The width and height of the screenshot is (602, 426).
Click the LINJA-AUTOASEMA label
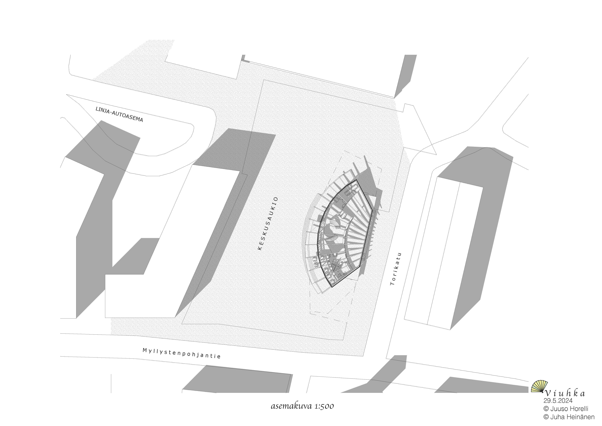click(x=119, y=114)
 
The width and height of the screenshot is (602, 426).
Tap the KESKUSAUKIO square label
click(x=268, y=223)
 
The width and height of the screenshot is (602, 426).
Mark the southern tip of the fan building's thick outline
click(x=332, y=287)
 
